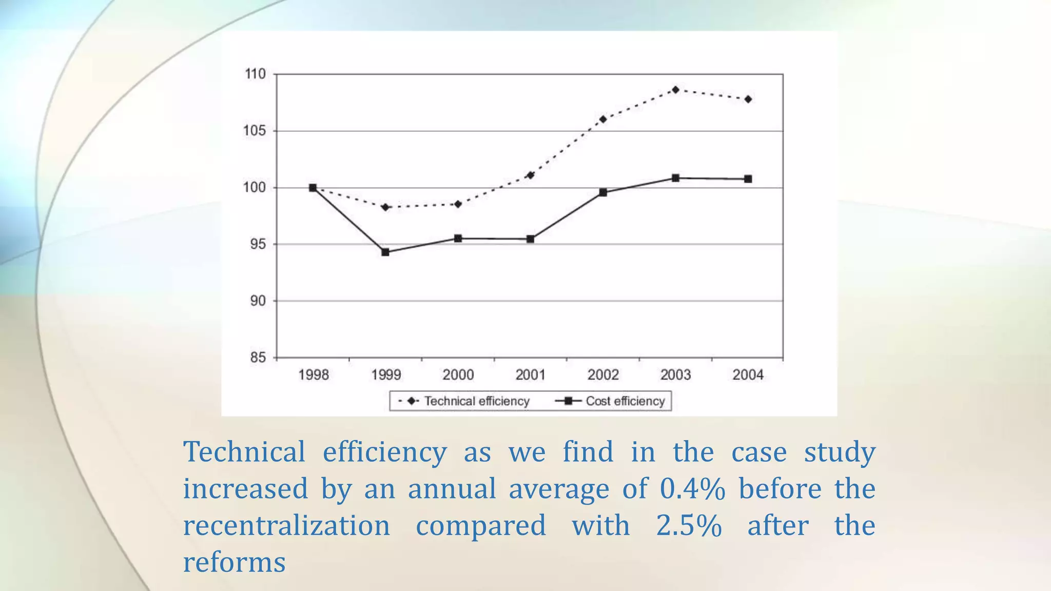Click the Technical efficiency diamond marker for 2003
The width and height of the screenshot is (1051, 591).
675,90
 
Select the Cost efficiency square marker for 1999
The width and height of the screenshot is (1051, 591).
385,252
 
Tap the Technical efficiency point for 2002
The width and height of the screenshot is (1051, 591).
603,119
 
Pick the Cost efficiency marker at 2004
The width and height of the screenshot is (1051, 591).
748,179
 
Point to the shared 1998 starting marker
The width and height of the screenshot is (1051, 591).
313,188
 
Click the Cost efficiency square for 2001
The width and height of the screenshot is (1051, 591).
531,239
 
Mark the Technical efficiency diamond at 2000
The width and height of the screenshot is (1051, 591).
458,204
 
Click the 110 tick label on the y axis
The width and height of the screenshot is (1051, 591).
255,74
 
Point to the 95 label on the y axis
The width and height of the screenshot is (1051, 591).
258,244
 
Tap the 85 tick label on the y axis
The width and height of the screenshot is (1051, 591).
258,358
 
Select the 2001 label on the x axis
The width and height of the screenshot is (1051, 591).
531,375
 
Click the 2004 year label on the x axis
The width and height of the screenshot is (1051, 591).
748,375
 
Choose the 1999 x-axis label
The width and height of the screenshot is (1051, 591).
386,375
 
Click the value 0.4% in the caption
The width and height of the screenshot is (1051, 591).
692,489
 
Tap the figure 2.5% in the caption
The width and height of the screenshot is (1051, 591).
689,526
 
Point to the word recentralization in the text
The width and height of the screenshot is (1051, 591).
286,526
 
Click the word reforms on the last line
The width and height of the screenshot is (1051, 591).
234,563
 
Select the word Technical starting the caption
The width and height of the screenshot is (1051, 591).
244,452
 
